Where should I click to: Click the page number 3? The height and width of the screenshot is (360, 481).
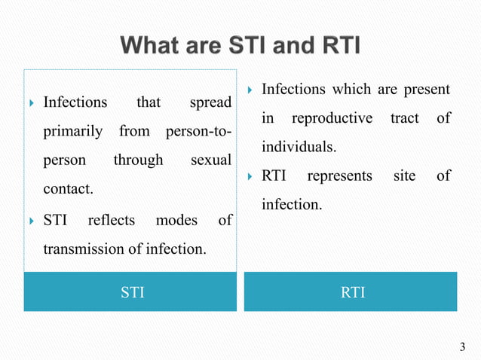pyautogui.click(x=462, y=346)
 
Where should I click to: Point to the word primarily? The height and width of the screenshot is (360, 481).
pyautogui.click(x=73, y=131)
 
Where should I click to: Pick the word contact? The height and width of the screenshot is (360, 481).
pyautogui.click(x=68, y=190)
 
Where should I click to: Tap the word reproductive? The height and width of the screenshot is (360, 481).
pyautogui.click(x=332, y=118)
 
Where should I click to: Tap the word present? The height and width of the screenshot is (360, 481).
pyautogui.click(x=427, y=90)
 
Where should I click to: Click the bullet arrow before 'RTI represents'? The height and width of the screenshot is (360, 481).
pyautogui.click(x=250, y=176)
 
